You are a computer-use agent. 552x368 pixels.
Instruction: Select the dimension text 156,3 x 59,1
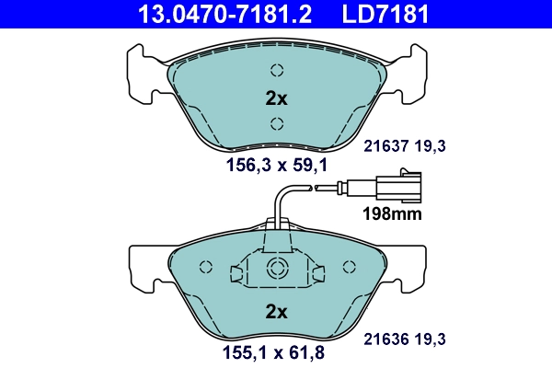276,166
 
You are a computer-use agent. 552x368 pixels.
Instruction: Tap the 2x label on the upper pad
276,98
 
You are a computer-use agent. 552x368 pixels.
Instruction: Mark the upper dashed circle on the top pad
277,70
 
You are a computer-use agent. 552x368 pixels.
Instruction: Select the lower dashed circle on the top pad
277,125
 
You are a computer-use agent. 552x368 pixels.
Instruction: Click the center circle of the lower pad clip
276,268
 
